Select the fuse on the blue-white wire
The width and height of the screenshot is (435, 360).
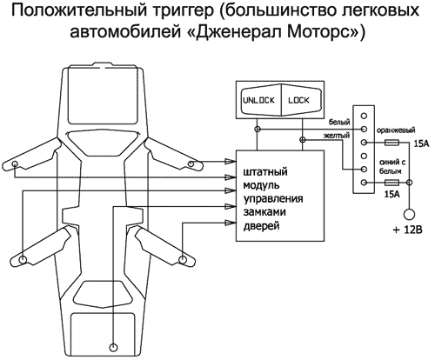pos(391,183)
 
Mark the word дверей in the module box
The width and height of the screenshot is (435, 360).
pos(263,225)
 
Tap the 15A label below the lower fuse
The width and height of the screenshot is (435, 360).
pos(391,197)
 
